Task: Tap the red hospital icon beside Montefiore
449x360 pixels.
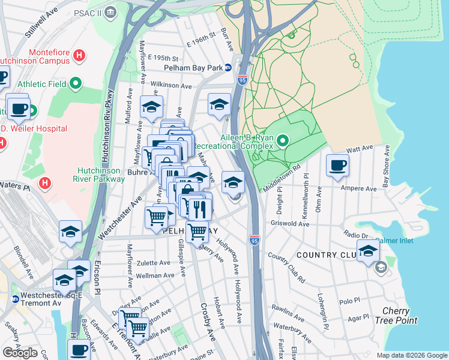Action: tap(79, 56)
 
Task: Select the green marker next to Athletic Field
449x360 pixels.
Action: tap(76, 83)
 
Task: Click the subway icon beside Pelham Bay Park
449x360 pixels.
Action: tap(229, 67)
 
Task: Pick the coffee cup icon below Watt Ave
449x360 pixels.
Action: tap(337, 166)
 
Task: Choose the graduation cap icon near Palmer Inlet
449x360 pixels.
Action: tap(368, 251)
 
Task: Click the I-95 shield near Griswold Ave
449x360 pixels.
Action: tap(255, 239)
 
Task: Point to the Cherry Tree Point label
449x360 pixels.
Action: tap(399, 316)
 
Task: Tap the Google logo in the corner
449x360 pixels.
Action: tap(20, 352)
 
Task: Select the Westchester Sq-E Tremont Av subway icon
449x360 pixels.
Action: tap(16, 296)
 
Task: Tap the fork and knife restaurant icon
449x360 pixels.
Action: tap(200, 208)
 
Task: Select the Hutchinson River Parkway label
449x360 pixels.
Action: tap(101, 174)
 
